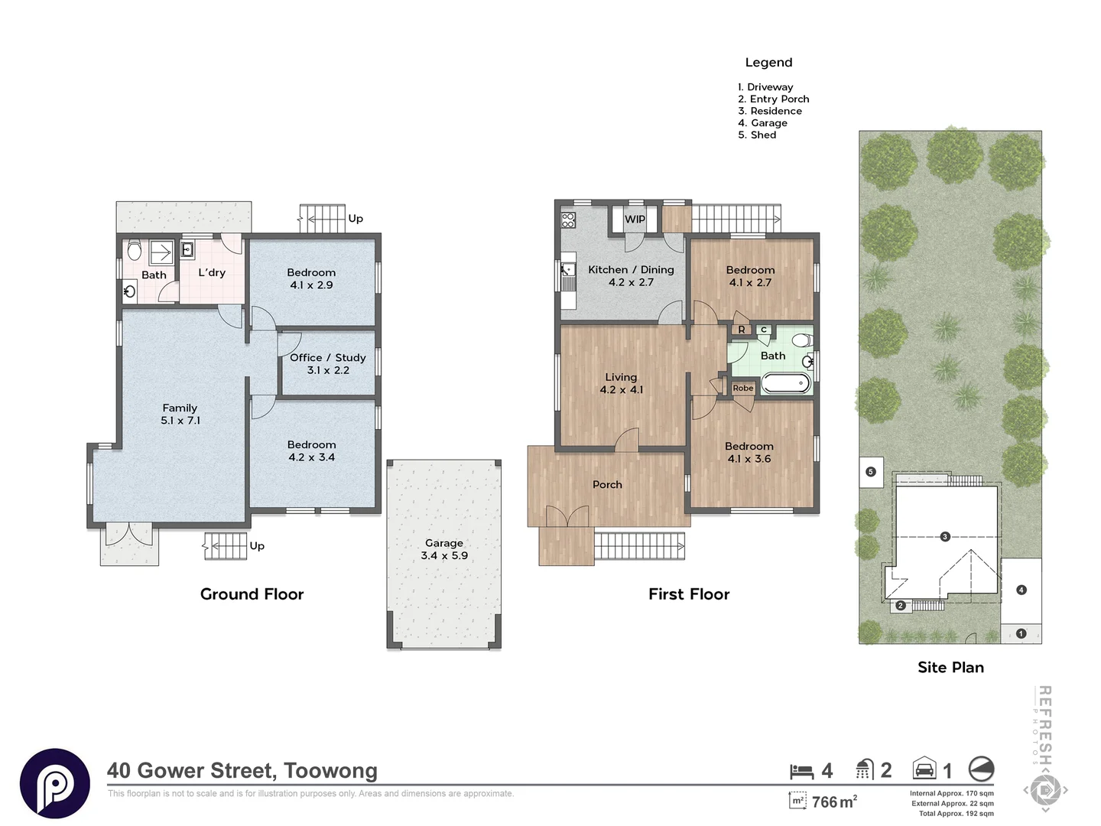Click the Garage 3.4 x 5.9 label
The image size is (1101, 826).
[x=444, y=549]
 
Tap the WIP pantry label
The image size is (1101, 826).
[x=635, y=220]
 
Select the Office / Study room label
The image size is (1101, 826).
[x=327, y=363]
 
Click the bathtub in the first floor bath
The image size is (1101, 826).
[x=785, y=384]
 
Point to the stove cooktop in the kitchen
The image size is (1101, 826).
[x=568, y=220]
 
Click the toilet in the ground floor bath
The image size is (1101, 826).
[x=135, y=250]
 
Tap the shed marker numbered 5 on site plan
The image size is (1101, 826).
[x=871, y=471]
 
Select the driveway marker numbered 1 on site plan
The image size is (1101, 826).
[x=1021, y=633]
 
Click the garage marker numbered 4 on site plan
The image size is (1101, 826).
[x=1021, y=590]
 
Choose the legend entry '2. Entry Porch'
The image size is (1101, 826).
[x=774, y=99]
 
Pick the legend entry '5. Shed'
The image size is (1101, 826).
[x=757, y=135]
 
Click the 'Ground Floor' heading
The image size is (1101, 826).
[x=252, y=594]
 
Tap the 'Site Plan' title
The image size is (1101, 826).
[x=950, y=668]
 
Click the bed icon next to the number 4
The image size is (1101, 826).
[x=801, y=772]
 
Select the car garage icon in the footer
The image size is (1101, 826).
[x=924, y=768]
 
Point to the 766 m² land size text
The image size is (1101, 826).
[x=834, y=802]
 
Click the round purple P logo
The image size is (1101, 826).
[x=55, y=783]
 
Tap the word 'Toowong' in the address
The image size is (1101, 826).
[x=330, y=771]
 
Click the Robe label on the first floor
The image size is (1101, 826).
[x=743, y=389]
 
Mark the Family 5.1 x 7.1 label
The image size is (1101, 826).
[x=180, y=415]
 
